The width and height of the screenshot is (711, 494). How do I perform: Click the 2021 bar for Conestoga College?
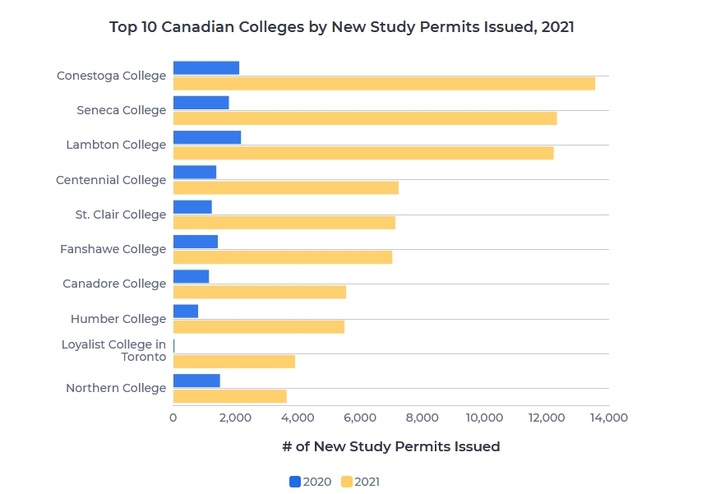click(x=384, y=84)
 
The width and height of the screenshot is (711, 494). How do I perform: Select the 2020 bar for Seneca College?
click(x=201, y=103)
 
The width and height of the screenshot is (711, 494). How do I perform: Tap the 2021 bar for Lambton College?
click(x=363, y=153)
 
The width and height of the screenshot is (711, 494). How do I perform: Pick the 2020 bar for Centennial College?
click(x=195, y=172)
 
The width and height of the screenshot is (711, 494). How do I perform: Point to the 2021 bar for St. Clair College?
click(x=284, y=223)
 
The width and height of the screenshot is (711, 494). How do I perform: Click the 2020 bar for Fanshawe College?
click(x=196, y=242)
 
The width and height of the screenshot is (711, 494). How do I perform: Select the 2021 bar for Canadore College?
click(x=260, y=292)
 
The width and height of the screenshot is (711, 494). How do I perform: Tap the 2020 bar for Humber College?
click(x=186, y=311)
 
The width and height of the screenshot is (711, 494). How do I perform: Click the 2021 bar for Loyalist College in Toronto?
click(x=234, y=362)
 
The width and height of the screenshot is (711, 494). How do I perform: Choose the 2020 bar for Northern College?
click(x=196, y=381)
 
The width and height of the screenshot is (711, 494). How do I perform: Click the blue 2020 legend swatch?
click(x=295, y=482)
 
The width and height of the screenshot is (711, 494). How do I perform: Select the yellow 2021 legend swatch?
click(x=346, y=482)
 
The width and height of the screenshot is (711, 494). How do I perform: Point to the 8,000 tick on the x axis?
click(x=422, y=418)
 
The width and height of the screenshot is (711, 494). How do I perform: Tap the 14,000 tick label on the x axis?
click(x=608, y=418)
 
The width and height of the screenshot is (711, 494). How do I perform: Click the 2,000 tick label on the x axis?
click(x=236, y=418)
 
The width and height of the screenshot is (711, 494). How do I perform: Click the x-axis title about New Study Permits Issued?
click(x=390, y=446)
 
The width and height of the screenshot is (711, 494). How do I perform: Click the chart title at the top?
click(x=342, y=27)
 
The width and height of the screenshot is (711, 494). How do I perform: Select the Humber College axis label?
click(x=118, y=319)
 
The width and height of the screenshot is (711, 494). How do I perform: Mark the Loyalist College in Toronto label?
click(x=113, y=351)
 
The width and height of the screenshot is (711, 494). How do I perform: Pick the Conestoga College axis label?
click(x=111, y=76)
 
